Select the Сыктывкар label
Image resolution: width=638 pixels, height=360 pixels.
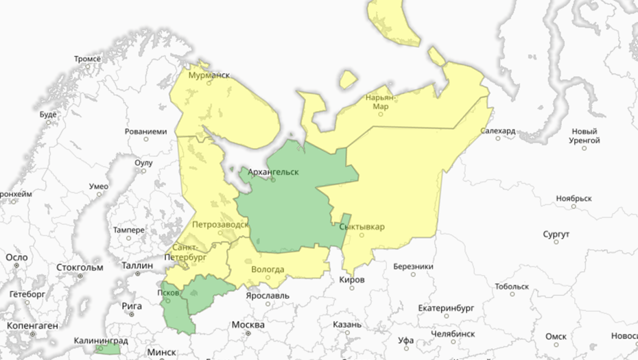point(362,227)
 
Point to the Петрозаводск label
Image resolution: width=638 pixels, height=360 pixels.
point(220,224)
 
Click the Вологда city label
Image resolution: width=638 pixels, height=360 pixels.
point(268,269)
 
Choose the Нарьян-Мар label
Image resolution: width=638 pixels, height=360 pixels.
point(381,102)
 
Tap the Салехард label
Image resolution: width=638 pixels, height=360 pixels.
point(497,130)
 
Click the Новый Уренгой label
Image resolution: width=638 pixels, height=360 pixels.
point(584,135)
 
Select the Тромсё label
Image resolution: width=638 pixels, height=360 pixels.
point(87,59)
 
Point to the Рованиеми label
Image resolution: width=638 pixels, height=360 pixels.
point(145,131)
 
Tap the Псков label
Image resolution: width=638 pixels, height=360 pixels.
point(168,291)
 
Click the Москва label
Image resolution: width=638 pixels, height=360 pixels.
point(248,324)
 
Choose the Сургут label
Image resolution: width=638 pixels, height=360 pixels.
point(556,235)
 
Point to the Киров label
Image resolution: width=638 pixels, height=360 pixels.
point(352,280)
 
